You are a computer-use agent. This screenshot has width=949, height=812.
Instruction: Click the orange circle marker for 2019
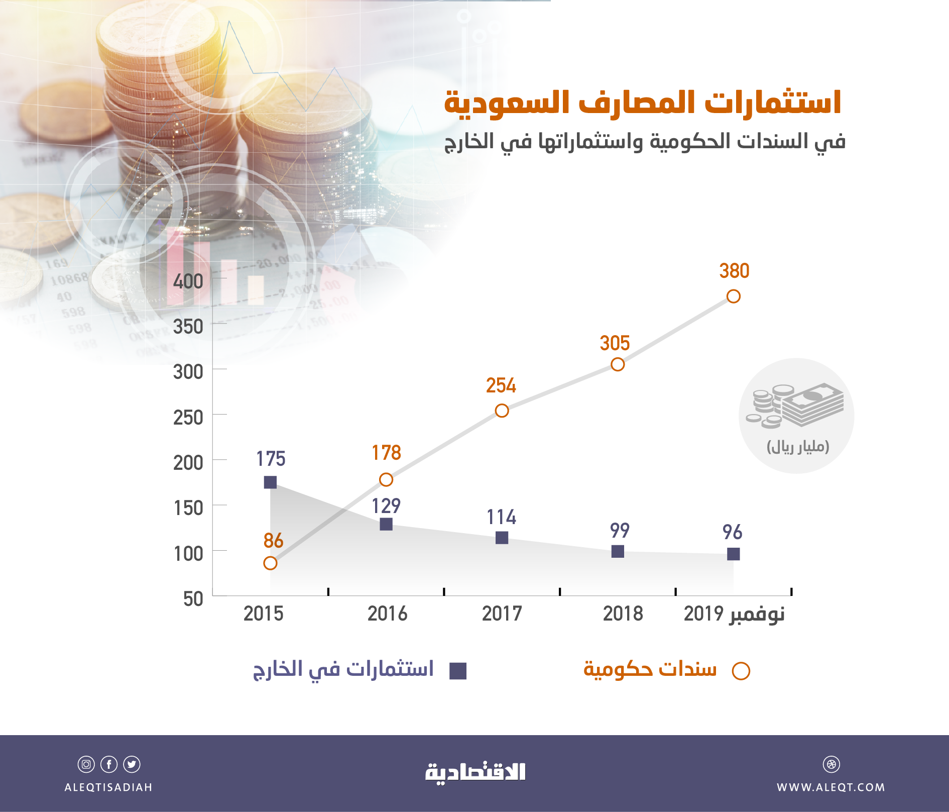coord(733,296)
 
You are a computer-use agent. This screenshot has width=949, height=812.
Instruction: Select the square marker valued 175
coord(270,482)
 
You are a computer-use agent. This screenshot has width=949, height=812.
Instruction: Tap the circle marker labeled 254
coord(502,411)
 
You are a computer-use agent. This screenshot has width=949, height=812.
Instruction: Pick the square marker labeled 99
coord(618,551)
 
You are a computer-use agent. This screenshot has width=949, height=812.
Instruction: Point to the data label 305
coord(615,344)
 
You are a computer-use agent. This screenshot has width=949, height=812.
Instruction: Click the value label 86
coord(273,541)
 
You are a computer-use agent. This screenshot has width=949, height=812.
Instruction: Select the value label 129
coord(386,506)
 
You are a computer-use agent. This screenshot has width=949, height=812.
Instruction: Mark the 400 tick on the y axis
coord(188,281)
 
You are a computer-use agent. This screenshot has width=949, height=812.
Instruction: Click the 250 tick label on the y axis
coord(188,418)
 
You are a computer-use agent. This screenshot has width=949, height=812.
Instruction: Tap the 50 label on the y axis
coord(193,599)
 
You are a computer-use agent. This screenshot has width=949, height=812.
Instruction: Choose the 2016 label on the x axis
coord(387,614)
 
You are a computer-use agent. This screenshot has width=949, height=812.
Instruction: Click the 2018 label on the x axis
coord(623,614)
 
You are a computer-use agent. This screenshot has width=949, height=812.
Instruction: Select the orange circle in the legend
coord(741,671)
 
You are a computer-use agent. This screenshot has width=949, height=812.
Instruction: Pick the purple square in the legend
coord(458,671)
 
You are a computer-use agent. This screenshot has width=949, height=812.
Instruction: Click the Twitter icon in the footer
coord(132,764)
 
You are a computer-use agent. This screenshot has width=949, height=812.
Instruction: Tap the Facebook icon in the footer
coord(109,764)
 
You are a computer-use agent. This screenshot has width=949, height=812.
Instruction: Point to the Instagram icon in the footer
coord(86,764)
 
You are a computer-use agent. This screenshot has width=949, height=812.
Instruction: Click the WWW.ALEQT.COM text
coord(831,787)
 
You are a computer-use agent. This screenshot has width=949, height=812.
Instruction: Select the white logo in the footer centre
coord(475,773)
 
